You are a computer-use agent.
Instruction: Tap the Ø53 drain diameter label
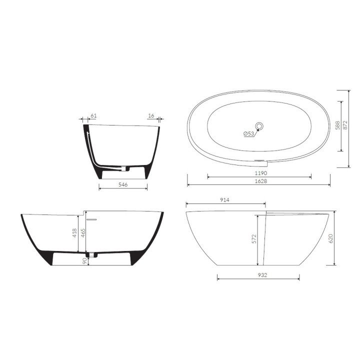tap(249, 133)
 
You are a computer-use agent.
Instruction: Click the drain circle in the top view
tap(260, 125)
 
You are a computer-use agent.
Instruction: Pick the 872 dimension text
tap(344, 125)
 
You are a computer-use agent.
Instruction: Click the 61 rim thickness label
tap(92, 115)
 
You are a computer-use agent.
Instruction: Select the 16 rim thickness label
tap(151, 115)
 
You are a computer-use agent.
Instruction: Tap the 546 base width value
tap(123, 184)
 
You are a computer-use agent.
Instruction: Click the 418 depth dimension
tap(75, 233)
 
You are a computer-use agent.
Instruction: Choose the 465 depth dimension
tap(83, 233)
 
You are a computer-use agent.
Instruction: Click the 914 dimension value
tap(225, 199)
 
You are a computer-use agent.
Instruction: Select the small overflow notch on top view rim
tap(261, 160)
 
